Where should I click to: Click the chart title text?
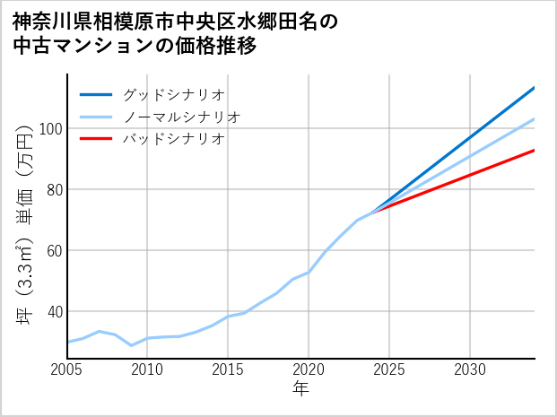[x=176, y=33]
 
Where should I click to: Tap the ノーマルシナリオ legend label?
[x=181, y=117]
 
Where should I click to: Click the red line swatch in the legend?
[x=97, y=139]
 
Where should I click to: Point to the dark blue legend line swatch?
[x=97, y=94]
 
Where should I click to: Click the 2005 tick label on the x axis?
[x=67, y=369]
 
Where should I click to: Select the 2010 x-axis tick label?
[x=148, y=369]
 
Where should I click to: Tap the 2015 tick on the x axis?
[x=229, y=369]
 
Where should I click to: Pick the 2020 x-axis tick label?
[x=309, y=369]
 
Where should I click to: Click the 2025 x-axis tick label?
[x=389, y=369]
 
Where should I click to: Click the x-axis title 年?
[x=301, y=389]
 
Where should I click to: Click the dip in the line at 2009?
[x=132, y=345]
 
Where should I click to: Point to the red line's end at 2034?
[x=535, y=150]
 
